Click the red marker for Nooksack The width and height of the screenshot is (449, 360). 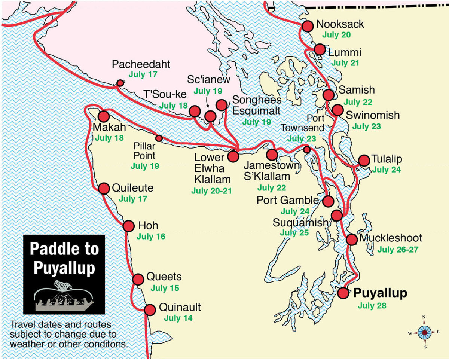pyautogui.click(x=307, y=26)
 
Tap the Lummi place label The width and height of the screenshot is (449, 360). pyautogui.click(x=345, y=52)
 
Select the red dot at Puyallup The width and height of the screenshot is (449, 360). pyautogui.click(x=343, y=293)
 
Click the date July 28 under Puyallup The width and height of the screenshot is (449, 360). pyautogui.click(x=372, y=306)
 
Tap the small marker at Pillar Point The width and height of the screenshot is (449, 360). pyautogui.click(x=159, y=138)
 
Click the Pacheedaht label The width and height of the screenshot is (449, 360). pyautogui.click(x=141, y=64)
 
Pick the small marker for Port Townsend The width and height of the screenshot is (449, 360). pyautogui.click(x=307, y=150)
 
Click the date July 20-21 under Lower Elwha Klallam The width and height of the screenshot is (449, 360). pyautogui.click(x=211, y=191)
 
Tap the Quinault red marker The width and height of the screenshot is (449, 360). pyautogui.click(x=150, y=310)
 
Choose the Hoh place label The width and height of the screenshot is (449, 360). pyautogui.click(x=148, y=226)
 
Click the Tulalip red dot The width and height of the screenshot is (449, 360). pyautogui.click(x=364, y=160)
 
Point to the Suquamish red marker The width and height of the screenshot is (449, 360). pyautogui.click(x=337, y=215)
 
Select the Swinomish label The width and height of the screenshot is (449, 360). pyautogui.click(x=373, y=115)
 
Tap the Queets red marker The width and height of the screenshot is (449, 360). pyautogui.click(x=138, y=279)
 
